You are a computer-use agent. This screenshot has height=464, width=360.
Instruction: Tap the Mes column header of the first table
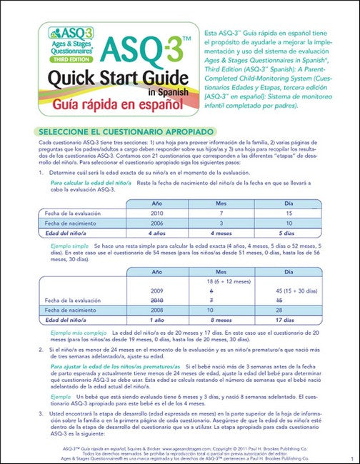click(222, 203)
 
